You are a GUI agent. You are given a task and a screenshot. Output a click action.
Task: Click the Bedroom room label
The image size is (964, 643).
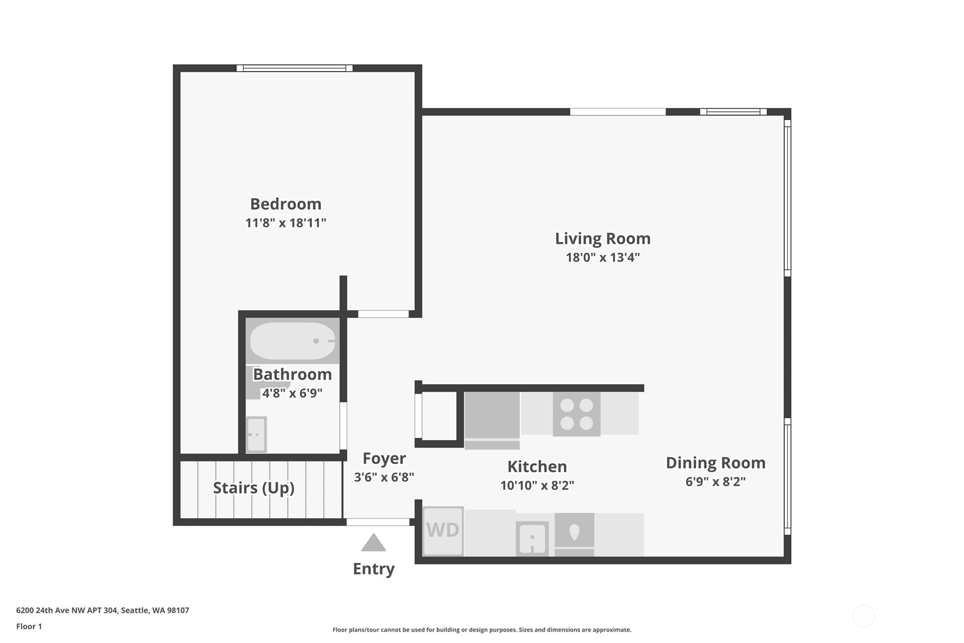click(285, 204)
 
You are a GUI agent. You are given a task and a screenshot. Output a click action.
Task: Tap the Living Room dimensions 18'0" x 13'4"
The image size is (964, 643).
click(602, 257)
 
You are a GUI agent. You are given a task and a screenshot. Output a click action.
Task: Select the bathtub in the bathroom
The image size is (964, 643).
click(293, 341)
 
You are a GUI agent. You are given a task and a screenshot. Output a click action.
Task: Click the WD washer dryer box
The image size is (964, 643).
click(443, 530)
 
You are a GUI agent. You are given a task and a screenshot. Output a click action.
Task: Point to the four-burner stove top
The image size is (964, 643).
click(576, 414)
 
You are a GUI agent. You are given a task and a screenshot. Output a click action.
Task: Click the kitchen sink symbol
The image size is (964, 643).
click(532, 538)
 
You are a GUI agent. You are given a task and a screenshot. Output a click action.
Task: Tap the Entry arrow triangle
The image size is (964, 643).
click(373, 544)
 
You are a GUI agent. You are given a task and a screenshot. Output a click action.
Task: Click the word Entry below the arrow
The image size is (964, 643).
click(373, 569)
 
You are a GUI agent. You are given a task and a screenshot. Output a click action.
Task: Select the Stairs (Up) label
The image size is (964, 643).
click(253, 488)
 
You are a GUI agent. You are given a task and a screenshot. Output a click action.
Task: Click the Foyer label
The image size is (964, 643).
click(384, 458)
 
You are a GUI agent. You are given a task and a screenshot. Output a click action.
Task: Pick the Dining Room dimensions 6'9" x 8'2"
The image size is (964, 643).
click(715, 482)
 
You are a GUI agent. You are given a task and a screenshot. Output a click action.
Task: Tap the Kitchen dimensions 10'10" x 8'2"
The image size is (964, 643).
click(537, 486)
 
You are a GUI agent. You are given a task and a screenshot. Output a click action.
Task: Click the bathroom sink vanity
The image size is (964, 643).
click(256, 434)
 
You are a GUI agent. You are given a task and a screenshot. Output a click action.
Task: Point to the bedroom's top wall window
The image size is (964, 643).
click(294, 68)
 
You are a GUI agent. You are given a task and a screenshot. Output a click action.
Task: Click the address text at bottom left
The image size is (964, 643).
click(102, 610)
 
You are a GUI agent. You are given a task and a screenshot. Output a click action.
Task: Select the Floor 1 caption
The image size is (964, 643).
click(29, 626)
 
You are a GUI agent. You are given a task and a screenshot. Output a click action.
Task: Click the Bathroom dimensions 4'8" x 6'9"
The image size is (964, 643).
click(292, 393)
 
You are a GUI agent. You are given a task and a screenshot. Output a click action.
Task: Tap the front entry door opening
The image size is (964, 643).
click(378, 522)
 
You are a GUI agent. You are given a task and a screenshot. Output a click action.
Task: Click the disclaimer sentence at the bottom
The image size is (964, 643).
click(482, 629)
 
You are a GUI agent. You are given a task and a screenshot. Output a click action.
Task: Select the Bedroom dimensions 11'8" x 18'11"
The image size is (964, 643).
click(285, 223)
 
